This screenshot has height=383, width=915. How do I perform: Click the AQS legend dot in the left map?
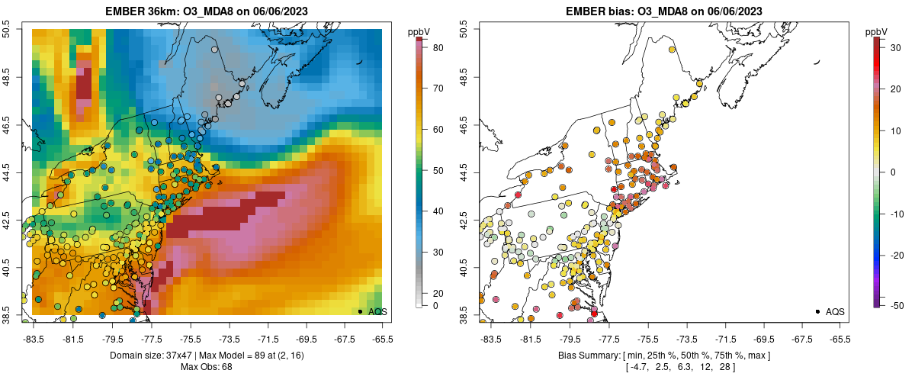click(360, 311)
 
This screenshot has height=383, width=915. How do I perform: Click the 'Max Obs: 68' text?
click(206, 367)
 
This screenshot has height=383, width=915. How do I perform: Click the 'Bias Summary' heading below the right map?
click(587, 356)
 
